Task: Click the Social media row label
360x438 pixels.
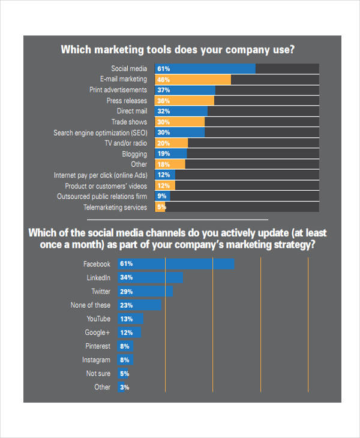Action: (129, 68)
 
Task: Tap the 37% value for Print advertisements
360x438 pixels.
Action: (163, 90)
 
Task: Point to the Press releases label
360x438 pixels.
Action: (127, 101)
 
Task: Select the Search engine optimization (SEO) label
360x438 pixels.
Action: (100, 133)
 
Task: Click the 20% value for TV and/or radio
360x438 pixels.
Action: (163, 143)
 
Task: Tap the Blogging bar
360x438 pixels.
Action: (171, 154)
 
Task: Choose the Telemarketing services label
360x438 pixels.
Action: (115, 208)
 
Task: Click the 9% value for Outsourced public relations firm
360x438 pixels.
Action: (161, 196)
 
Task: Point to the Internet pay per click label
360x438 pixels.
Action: (100, 175)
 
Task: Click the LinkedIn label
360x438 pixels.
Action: (98, 278)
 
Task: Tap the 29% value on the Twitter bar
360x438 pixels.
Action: (126, 291)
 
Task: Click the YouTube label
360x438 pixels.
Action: (98, 319)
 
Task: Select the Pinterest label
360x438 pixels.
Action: (98, 346)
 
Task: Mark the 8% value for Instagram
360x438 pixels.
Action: (124, 360)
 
